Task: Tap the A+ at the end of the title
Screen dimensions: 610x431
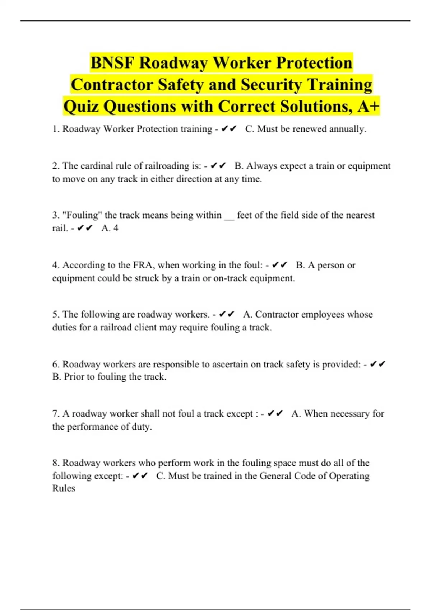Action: click(369, 106)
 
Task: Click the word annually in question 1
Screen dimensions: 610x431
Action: click(348, 129)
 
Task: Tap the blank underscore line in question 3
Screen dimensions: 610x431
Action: click(229, 216)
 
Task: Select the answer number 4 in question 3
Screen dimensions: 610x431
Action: click(116, 228)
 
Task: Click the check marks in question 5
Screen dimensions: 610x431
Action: click(227, 314)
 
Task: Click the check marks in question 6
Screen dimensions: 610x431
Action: click(377, 364)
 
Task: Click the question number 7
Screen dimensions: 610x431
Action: click(56, 414)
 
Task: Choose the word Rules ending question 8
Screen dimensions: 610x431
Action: click(64, 488)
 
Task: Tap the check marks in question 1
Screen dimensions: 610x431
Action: click(229, 129)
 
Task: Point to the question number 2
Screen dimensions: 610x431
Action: click(56, 166)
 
